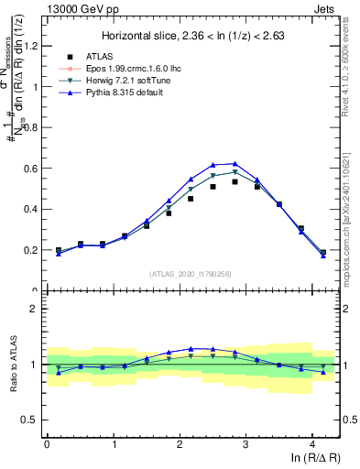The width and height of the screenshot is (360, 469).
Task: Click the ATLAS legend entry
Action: [101, 56]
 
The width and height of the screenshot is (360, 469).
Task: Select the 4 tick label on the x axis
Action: [312, 444]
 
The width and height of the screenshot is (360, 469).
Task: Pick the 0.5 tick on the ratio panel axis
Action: [30, 420]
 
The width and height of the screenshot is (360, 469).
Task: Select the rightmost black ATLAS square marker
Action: [323, 252]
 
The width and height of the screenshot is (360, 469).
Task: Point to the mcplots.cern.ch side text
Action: [351, 211]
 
